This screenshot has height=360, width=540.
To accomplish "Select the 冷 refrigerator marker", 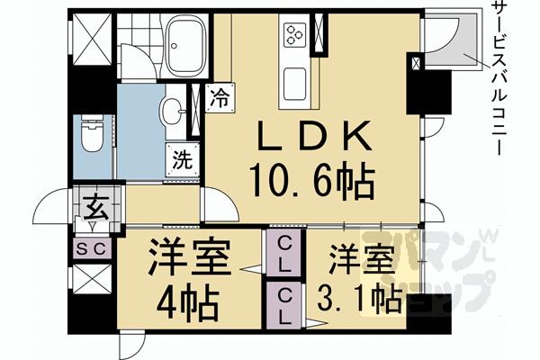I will [x=219, y=96].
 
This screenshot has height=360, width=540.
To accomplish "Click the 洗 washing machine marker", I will [x=180, y=162].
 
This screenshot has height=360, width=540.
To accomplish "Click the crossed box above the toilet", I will [x=91, y=40].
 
